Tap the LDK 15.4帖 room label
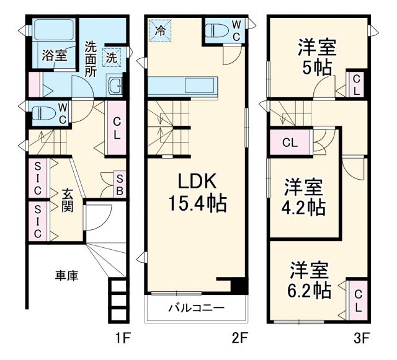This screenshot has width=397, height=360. [x=197, y=192]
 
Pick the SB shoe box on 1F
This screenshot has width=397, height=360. [x=120, y=184]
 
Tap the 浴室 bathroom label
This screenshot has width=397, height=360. [x=54, y=55]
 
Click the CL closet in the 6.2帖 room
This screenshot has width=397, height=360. [x=359, y=299]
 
